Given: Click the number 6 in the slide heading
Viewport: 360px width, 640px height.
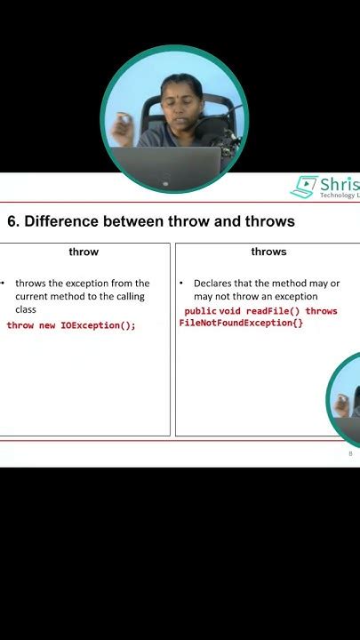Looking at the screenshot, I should (x=12, y=221).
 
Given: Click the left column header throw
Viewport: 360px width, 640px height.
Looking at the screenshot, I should (x=84, y=252).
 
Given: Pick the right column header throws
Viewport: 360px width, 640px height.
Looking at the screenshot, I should (x=268, y=252).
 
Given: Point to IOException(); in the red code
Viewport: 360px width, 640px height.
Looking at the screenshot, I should (x=98, y=325).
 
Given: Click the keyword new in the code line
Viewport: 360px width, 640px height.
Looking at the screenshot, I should (x=47, y=325).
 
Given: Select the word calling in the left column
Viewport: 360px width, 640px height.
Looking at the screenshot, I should (x=128, y=296).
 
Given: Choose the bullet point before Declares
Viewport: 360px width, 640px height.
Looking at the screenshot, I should (x=181, y=283).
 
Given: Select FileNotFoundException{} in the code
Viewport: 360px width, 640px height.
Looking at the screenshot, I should (x=241, y=323).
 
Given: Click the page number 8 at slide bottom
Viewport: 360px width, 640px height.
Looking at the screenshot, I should (x=350, y=453).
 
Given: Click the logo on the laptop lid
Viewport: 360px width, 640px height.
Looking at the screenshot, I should (x=165, y=182).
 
